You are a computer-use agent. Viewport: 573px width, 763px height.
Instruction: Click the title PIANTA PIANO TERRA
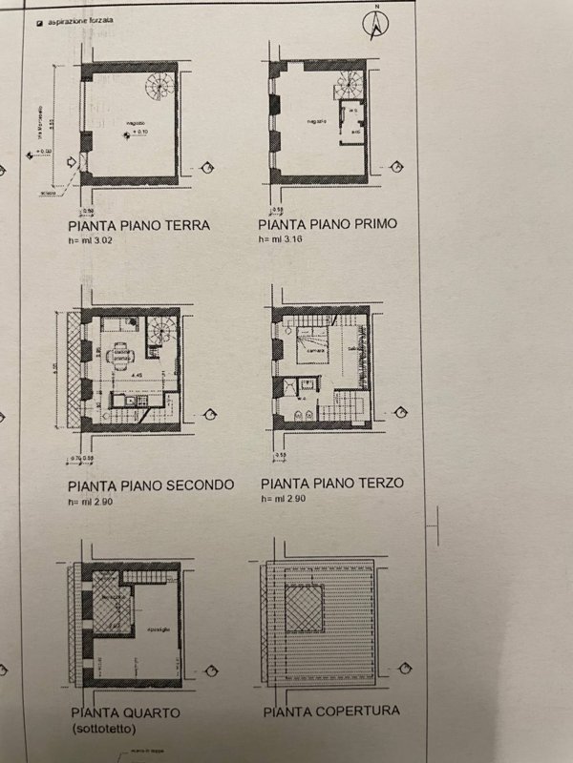138,226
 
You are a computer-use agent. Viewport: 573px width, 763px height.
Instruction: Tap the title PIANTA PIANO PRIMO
328,225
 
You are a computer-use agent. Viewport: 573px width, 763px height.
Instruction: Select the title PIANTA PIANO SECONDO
151,485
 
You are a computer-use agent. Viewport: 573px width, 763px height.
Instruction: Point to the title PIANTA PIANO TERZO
330,483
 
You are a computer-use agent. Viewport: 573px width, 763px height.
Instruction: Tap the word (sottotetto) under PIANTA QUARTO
105,729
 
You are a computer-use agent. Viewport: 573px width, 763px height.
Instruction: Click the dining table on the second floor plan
122,356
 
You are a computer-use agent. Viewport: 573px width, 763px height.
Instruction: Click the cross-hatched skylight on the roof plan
312,609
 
